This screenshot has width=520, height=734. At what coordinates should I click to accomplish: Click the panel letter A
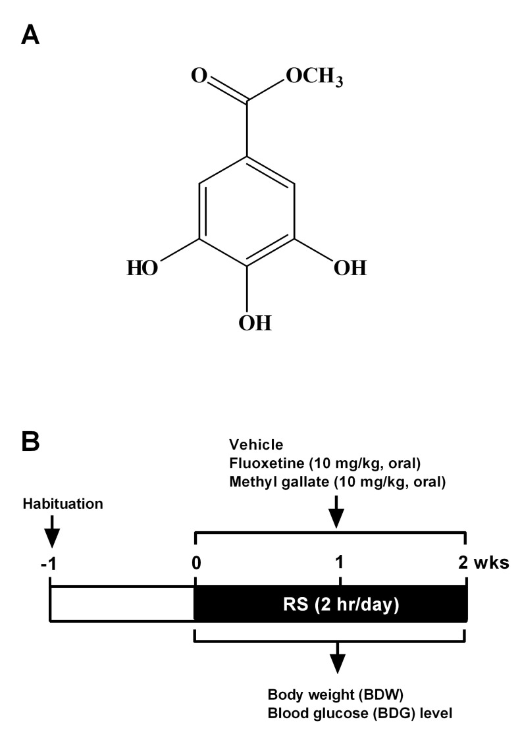coord(32,34)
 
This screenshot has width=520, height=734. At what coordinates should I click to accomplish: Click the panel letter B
coord(32,442)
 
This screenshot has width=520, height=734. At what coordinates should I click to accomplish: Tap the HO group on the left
coord(142,269)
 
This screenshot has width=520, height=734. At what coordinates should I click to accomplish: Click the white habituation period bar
coord(122,604)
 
